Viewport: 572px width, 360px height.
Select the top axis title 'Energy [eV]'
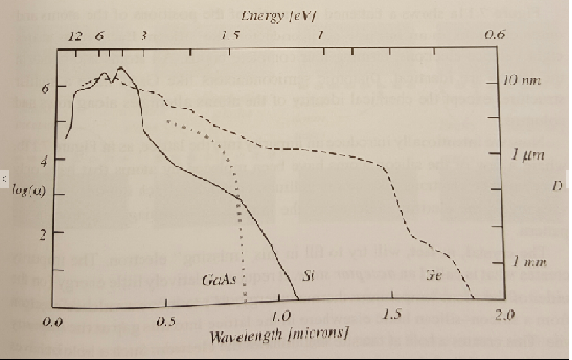point(272,15)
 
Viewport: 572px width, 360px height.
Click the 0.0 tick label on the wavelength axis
point(54,318)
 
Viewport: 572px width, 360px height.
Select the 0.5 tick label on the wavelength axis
point(168,318)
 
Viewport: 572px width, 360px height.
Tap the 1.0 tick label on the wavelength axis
point(281,317)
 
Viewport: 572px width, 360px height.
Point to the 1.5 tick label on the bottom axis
point(391,316)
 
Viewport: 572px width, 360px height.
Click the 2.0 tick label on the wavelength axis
point(503,316)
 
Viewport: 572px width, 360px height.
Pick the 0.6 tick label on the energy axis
point(495,34)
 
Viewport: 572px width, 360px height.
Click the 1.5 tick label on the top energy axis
point(229,34)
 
